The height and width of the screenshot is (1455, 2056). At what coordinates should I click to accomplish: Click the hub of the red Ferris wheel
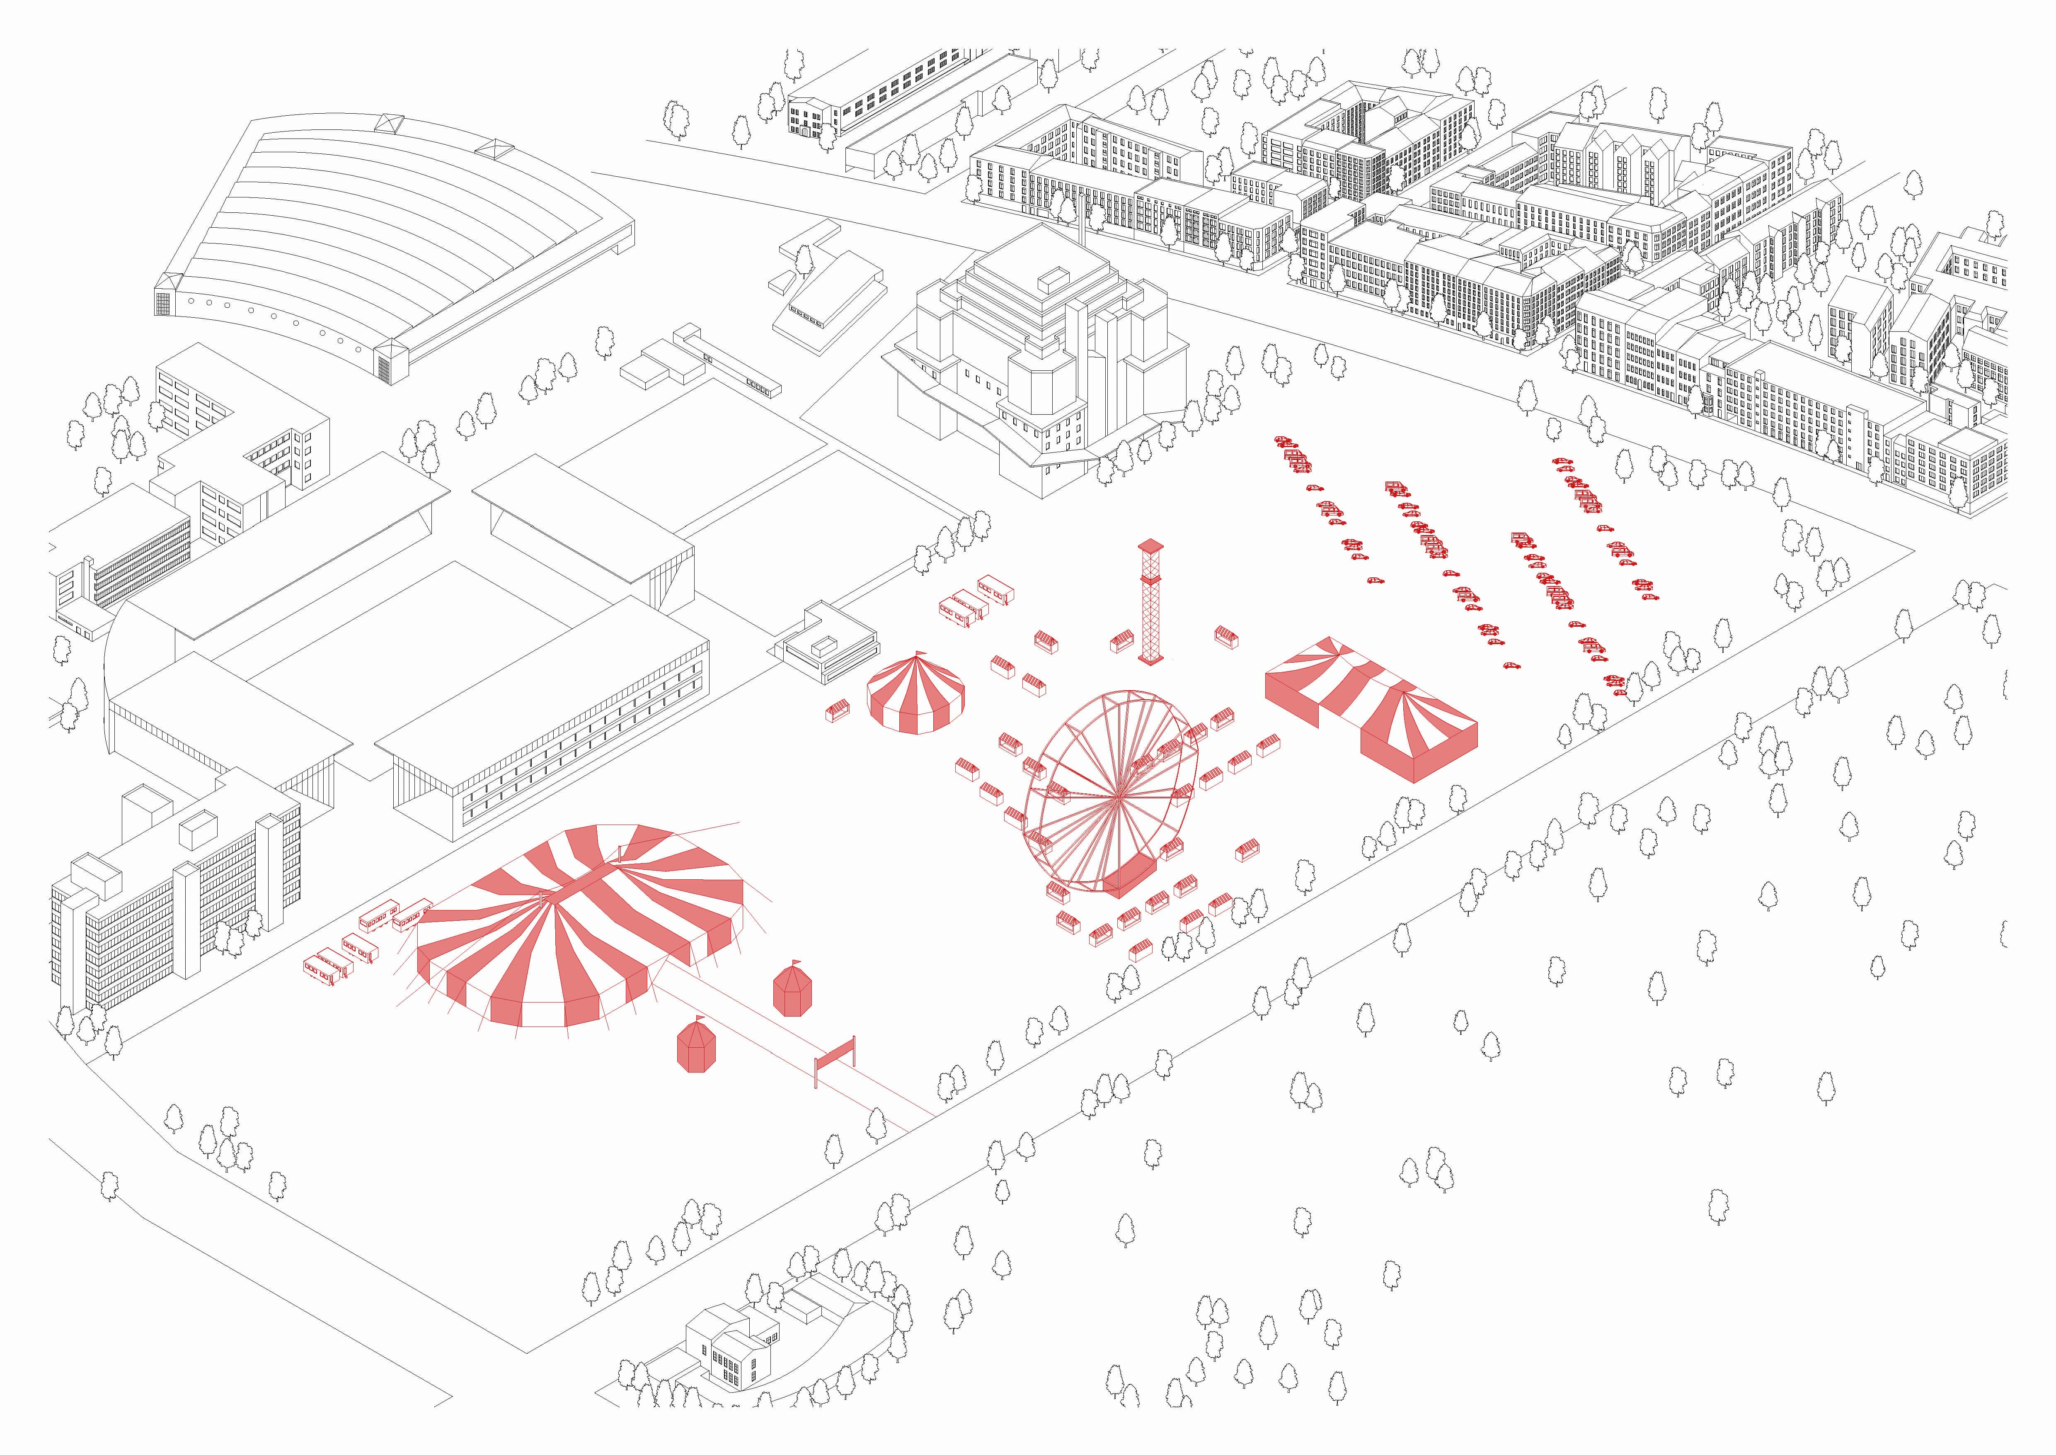1119,795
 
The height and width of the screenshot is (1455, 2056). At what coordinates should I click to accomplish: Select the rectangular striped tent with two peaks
1370,708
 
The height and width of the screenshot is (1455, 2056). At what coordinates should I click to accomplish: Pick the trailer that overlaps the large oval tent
412,914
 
